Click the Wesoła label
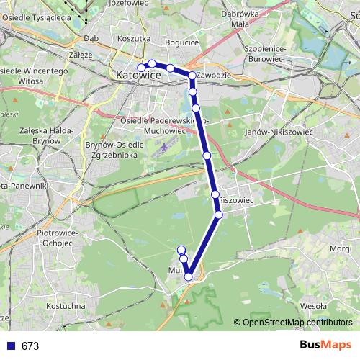313,305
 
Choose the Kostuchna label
66,306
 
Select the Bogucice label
181,42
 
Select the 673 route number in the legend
30,346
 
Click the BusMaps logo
325,346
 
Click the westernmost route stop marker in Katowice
141,68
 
